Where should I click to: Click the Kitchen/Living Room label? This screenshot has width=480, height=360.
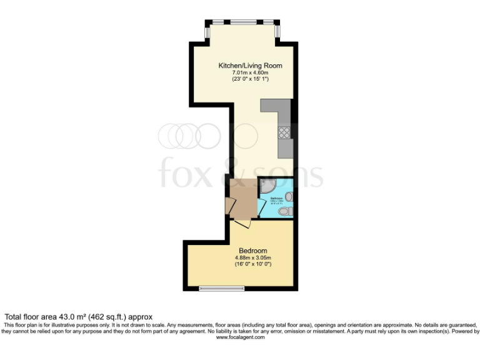tap(249, 66)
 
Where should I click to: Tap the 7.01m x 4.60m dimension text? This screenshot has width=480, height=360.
tap(249, 72)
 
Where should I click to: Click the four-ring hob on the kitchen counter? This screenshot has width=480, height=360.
tap(284, 132)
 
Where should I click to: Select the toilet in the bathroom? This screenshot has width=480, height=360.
tap(284, 212)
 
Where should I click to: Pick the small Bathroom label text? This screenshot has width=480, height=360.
tap(276, 199)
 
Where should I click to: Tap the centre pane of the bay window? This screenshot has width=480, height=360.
tap(242, 22)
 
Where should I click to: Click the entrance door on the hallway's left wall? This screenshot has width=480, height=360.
tap(229, 207)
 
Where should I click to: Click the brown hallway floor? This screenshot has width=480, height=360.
tap(242, 197)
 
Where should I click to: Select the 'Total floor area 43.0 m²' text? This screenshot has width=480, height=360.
tap(78, 317)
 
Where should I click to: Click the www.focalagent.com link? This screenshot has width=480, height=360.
tap(240, 337)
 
